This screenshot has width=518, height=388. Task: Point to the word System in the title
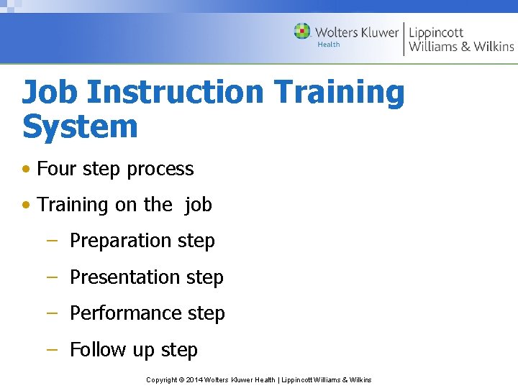[80, 127]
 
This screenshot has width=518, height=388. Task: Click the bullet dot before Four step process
[27, 170]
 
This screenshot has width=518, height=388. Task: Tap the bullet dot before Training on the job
[27, 205]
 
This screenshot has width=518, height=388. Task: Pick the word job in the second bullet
[198, 205]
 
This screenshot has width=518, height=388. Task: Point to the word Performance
[126, 313]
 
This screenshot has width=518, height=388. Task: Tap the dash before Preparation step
[51, 240]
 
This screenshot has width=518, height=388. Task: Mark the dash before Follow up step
[51, 348]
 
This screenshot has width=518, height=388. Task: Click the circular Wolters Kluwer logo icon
[302, 32]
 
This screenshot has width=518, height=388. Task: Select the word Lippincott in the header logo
[436, 32]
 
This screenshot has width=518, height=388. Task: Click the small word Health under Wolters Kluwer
[329, 45]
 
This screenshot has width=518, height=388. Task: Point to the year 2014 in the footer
[194, 379]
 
